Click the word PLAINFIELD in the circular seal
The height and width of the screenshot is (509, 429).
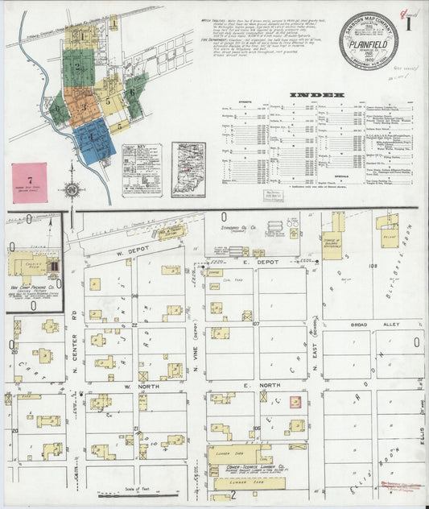[x=369, y=48]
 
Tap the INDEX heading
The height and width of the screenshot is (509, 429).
[x=313, y=94]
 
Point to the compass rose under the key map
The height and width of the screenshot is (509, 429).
[x=72, y=191]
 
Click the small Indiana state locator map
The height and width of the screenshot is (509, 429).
[x=188, y=169]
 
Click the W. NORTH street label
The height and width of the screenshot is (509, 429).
[x=138, y=386]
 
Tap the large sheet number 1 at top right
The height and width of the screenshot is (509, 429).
[x=411, y=23]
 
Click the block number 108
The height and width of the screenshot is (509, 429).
[x=373, y=266]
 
